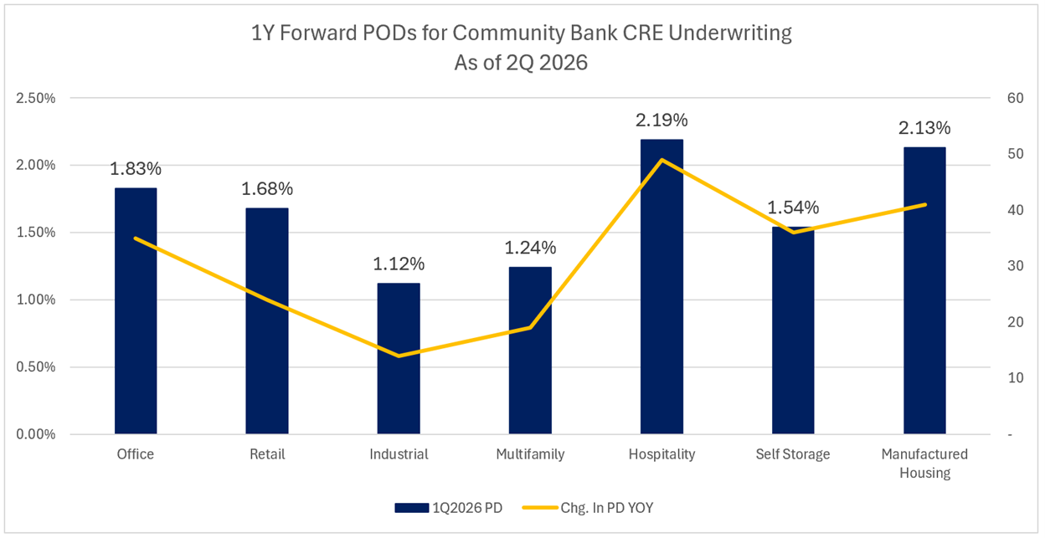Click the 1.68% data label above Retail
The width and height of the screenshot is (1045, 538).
tap(267, 189)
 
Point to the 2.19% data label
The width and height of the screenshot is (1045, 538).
tap(661, 120)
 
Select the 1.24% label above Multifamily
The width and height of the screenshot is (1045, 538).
tap(530, 248)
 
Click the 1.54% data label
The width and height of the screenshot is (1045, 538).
tap(793, 208)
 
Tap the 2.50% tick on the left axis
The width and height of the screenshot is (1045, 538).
tap(36, 98)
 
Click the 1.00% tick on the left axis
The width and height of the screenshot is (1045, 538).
tap(36, 300)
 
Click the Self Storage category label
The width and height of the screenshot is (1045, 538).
tap(793, 454)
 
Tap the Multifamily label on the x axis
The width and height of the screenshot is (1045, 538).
tap(530, 454)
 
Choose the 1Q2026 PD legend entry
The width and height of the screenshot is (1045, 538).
tap(448, 507)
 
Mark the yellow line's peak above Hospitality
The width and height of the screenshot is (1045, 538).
tap(661, 160)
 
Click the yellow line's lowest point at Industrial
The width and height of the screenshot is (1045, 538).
tap(399, 356)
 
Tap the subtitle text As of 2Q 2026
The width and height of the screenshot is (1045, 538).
tap(521, 63)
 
